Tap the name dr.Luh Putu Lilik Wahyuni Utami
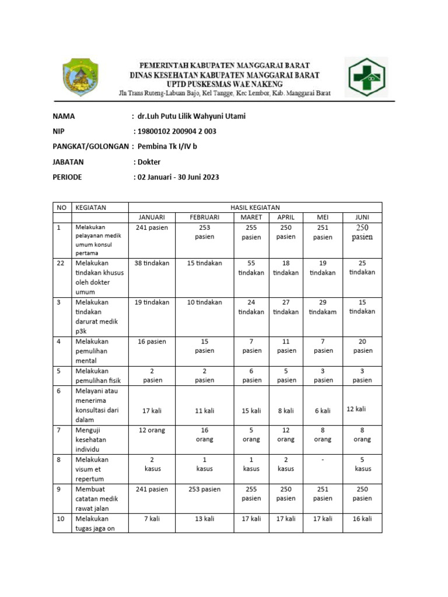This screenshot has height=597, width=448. tap(191, 116)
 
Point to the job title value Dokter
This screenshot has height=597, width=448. tap(149, 162)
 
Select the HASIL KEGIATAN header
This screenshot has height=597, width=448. tap(255, 208)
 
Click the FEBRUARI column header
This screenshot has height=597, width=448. tap(205, 217)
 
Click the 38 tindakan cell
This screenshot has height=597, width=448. tap(152, 263)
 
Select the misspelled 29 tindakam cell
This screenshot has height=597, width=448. tap(323, 307)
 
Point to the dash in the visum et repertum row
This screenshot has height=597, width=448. tap(323, 459)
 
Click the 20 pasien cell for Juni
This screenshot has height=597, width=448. tap(362, 346)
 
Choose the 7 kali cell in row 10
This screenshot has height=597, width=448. tap(152, 518)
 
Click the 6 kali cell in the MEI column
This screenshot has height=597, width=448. tap(323, 410)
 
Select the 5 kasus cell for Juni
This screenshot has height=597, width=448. tap(362, 464)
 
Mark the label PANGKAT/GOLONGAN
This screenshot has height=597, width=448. tap(90, 147)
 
